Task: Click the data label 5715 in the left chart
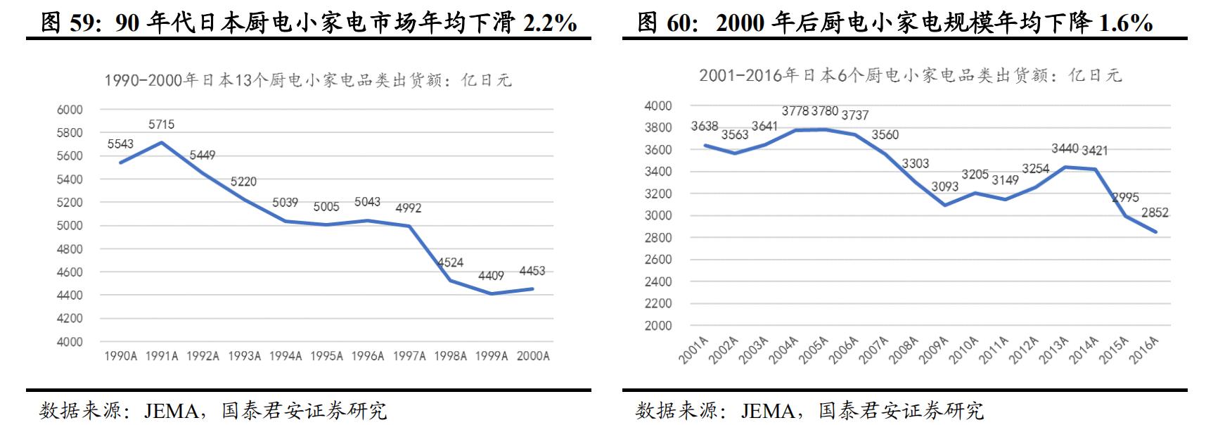[161, 125]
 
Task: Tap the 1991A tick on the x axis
[162, 356]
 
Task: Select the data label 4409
[491, 276]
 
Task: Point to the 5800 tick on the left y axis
[70, 133]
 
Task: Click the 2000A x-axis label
[532, 356]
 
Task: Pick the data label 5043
[367, 202]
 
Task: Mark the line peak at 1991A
[162, 143]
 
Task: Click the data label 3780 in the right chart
[824, 111]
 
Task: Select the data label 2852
[1154, 212]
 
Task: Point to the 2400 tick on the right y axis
[658, 281]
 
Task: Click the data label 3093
[944, 186]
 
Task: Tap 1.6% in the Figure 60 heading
[1125, 23]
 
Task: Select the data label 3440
[1065, 148]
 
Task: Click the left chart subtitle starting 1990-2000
[307, 80]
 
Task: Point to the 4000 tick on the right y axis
[658, 106]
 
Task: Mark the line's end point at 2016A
[1155, 232]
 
